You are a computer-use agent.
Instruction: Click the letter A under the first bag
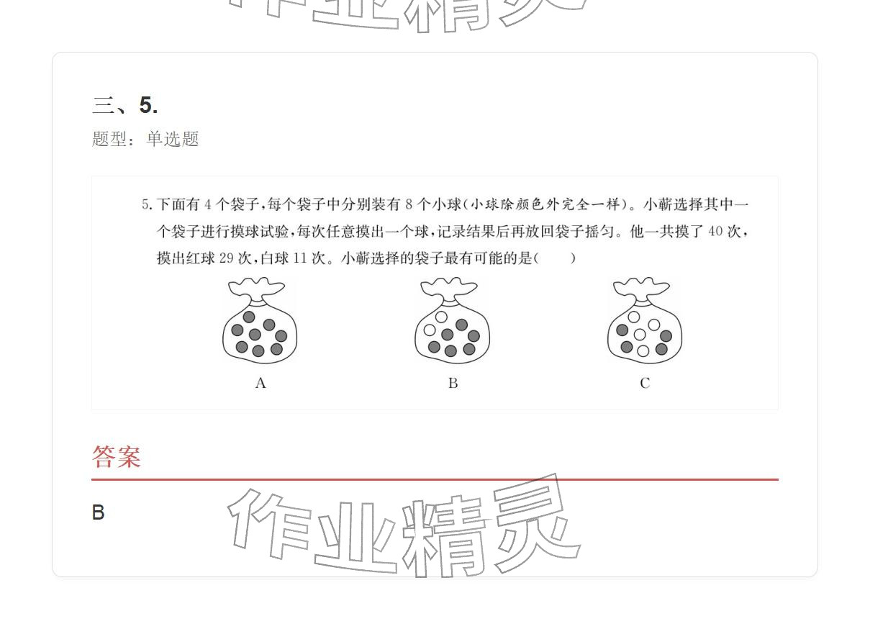point(260,384)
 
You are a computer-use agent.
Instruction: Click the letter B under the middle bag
point(453,384)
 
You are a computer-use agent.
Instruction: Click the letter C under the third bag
point(645,384)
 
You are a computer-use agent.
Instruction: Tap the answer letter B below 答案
point(99,512)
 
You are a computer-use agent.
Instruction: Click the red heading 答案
point(117,457)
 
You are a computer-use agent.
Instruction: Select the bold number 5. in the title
point(148,106)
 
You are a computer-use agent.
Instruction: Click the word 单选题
point(173,139)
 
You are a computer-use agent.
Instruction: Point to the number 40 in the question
point(715,232)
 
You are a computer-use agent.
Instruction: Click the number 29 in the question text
point(225,258)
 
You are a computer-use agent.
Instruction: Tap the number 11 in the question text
point(299,258)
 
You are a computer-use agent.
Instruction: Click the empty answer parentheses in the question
point(554,258)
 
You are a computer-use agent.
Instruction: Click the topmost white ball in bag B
point(442,317)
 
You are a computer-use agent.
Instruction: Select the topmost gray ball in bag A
point(249,317)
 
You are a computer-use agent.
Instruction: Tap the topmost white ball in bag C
point(634,317)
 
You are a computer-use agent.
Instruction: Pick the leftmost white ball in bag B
point(430,330)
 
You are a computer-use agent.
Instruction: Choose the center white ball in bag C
point(640,335)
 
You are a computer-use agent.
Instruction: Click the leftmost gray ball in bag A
point(237,330)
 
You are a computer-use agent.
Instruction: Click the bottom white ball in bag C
point(643,351)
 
